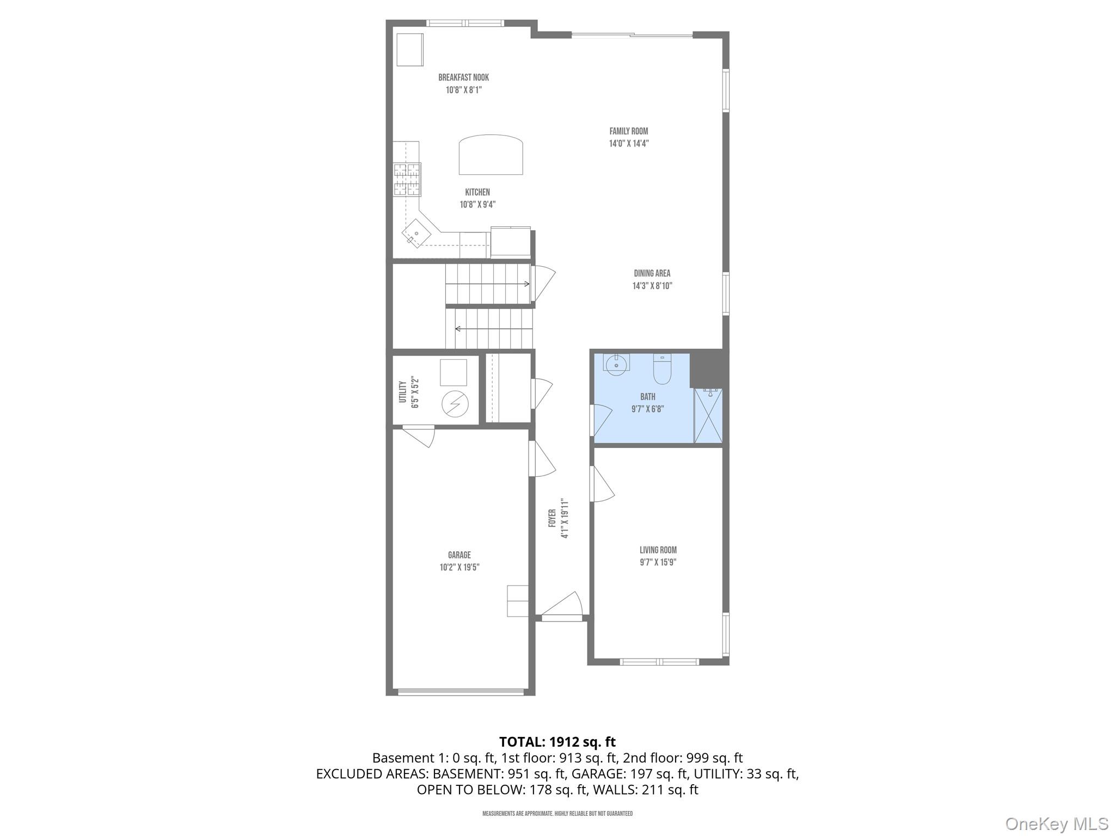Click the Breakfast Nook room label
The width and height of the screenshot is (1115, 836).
click(x=463, y=78)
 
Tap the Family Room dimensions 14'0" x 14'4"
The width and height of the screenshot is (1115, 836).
click(x=629, y=144)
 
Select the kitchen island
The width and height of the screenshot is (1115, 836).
click(x=491, y=155)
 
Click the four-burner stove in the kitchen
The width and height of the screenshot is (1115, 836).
click(x=407, y=179)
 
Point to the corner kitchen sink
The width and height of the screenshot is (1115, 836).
click(x=416, y=233)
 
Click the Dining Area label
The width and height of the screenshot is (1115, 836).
click(x=652, y=273)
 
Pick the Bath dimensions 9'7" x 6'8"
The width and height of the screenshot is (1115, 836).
click(x=647, y=409)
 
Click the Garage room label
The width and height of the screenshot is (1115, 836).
click(x=459, y=555)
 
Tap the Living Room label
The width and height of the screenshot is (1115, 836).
click(x=658, y=550)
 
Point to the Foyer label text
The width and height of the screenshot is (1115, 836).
click(x=552, y=518)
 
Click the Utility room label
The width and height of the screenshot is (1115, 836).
click(x=403, y=392)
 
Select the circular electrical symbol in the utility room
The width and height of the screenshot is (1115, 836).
click(x=455, y=404)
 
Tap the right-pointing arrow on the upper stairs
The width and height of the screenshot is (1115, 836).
click(x=526, y=284)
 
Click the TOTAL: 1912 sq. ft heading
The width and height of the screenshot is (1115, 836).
click(x=557, y=742)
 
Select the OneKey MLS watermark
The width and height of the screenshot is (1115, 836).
click(x=1056, y=824)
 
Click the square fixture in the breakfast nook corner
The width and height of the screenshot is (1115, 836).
click(x=410, y=50)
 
